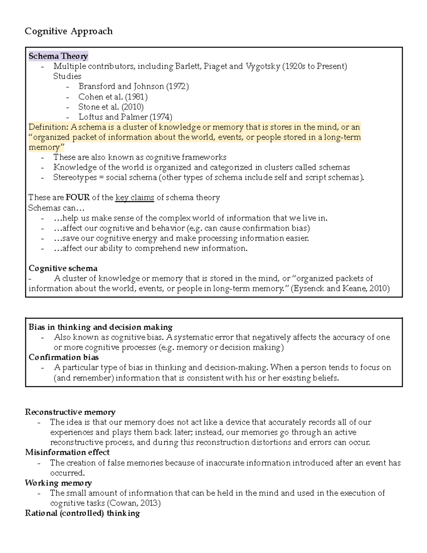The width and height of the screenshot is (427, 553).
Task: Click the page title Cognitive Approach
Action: (x=69, y=31)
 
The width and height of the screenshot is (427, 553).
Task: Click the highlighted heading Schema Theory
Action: (x=58, y=56)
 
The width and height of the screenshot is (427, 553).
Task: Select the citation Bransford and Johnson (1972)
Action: (x=133, y=87)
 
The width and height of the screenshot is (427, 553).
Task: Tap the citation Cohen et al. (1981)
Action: (x=113, y=97)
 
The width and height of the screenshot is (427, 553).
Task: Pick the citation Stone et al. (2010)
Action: (x=111, y=107)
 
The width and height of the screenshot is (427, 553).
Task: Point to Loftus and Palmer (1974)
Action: (x=125, y=117)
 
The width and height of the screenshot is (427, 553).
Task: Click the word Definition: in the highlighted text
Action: (x=48, y=127)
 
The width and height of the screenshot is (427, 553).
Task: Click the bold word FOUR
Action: (x=78, y=198)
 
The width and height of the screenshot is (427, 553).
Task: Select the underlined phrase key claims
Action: (x=135, y=198)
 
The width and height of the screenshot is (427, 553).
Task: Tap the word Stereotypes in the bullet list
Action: (x=75, y=177)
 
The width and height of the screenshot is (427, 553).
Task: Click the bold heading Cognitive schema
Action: (x=63, y=268)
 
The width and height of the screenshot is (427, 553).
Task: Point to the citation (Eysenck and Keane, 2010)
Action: (x=340, y=288)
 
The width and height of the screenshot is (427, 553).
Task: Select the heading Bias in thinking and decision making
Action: (x=100, y=327)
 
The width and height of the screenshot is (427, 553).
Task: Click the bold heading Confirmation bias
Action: (x=64, y=357)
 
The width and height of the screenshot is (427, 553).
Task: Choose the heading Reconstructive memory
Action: (x=70, y=412)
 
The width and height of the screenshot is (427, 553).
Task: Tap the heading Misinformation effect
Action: (x=67, y=452)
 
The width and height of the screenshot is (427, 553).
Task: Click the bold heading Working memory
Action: (x=58, y=483)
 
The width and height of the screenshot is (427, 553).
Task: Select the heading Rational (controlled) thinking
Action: (x=82, y=513)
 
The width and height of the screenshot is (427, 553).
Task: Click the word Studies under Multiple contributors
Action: (x=67, y=76)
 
